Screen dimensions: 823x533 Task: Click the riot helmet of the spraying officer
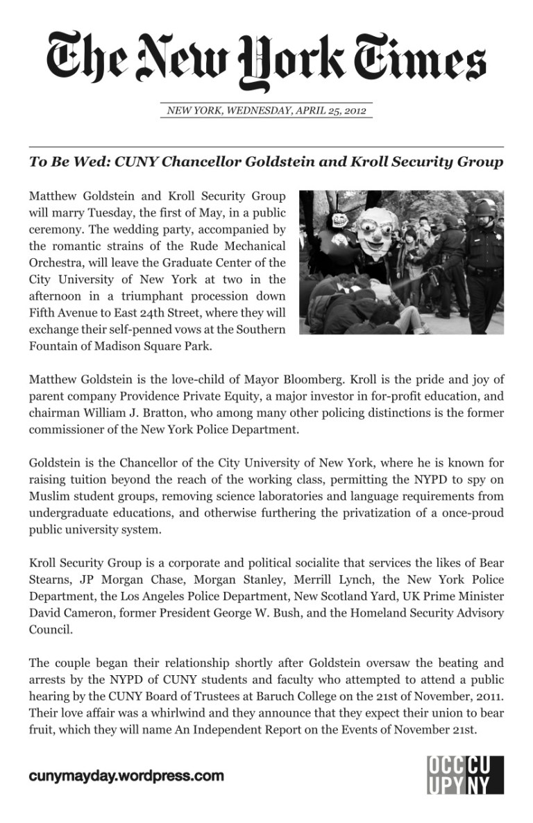(x=484, y=207)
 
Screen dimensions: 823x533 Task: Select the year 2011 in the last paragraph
(x=489, y=697)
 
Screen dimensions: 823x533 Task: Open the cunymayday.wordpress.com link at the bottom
(x=126, y=776)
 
